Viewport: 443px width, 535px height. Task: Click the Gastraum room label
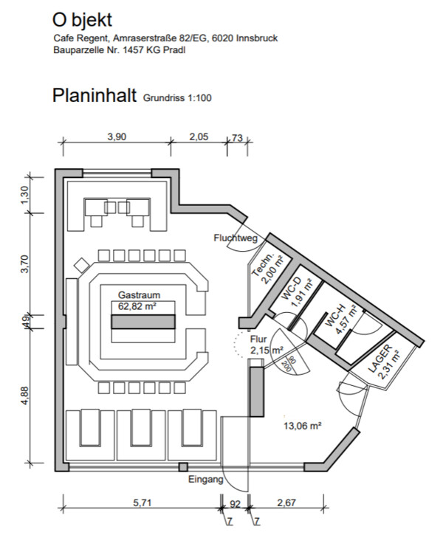(x=138, y=294)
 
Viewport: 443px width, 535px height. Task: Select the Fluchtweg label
(x=235, y=238)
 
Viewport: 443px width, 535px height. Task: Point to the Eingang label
(x=205, y=480)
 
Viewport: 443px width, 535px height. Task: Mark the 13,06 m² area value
(x=303, y=426)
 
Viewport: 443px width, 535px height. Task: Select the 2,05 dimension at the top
(x=199, y=137)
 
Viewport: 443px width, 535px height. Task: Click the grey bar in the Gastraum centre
(x=143, y=322)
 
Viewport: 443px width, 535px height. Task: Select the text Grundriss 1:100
(x=178, y=97)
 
